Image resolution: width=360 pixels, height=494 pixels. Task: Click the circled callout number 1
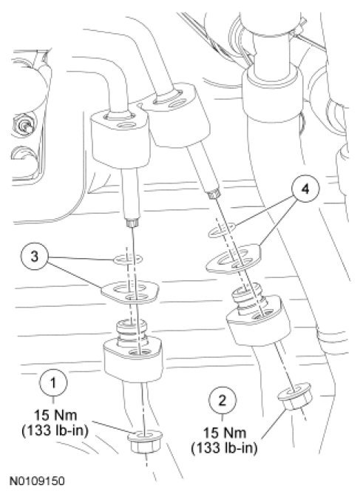coord(53,383)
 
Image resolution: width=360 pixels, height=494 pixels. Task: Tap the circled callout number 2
coord(223,401)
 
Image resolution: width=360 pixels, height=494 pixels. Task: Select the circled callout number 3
coord(35,256)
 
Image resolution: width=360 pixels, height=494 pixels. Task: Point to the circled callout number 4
coord(305,189)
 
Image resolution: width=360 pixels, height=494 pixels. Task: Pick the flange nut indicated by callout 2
coord(295,396)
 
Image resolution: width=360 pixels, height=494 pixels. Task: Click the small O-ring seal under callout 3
coord(128,260)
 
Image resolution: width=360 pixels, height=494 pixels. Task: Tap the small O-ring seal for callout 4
coord(222,229)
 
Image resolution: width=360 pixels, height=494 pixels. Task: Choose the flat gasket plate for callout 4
coord(234,258)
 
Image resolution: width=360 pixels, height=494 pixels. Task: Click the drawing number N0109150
coord(37,481)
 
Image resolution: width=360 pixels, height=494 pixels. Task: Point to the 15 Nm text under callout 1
coord(55,415)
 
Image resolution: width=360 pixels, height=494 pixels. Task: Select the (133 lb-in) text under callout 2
coord(224,447)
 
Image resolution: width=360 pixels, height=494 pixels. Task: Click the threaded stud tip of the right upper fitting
coord(213,194)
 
